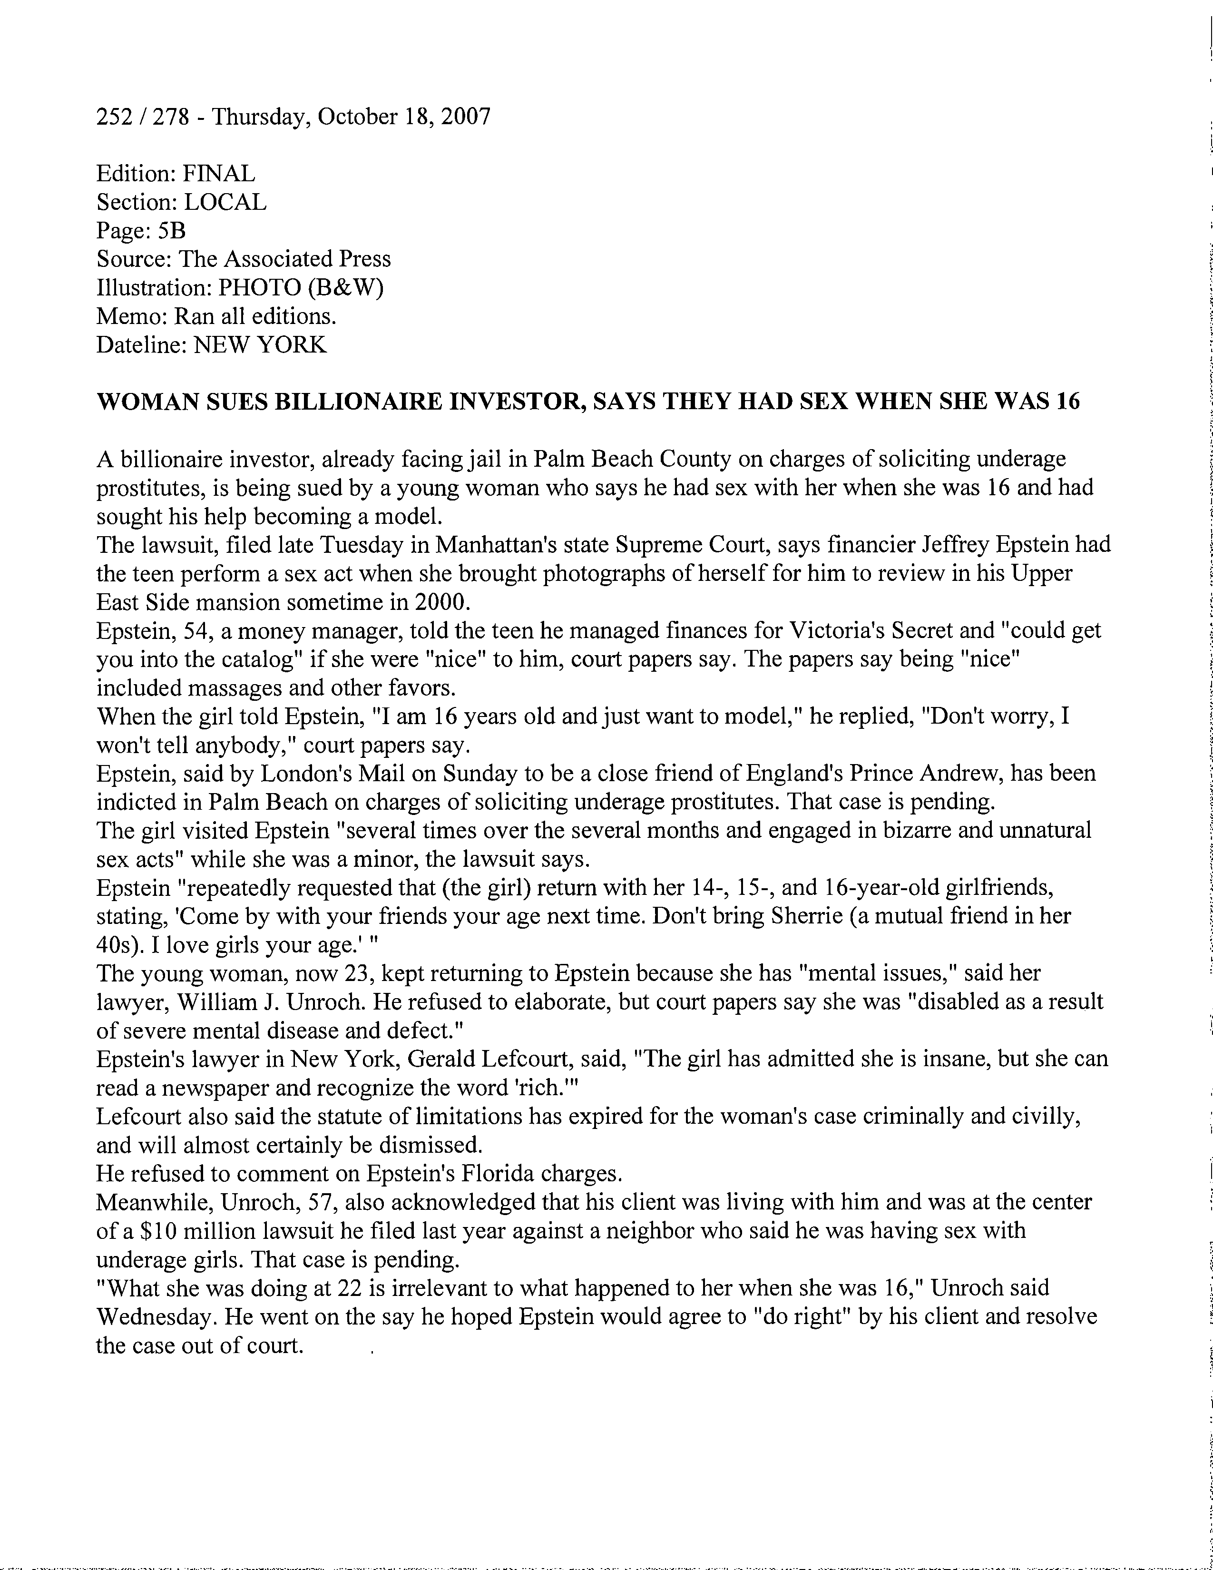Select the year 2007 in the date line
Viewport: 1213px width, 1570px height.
466,117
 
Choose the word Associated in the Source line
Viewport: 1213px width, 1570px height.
276,259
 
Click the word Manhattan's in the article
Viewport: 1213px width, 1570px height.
496,545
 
